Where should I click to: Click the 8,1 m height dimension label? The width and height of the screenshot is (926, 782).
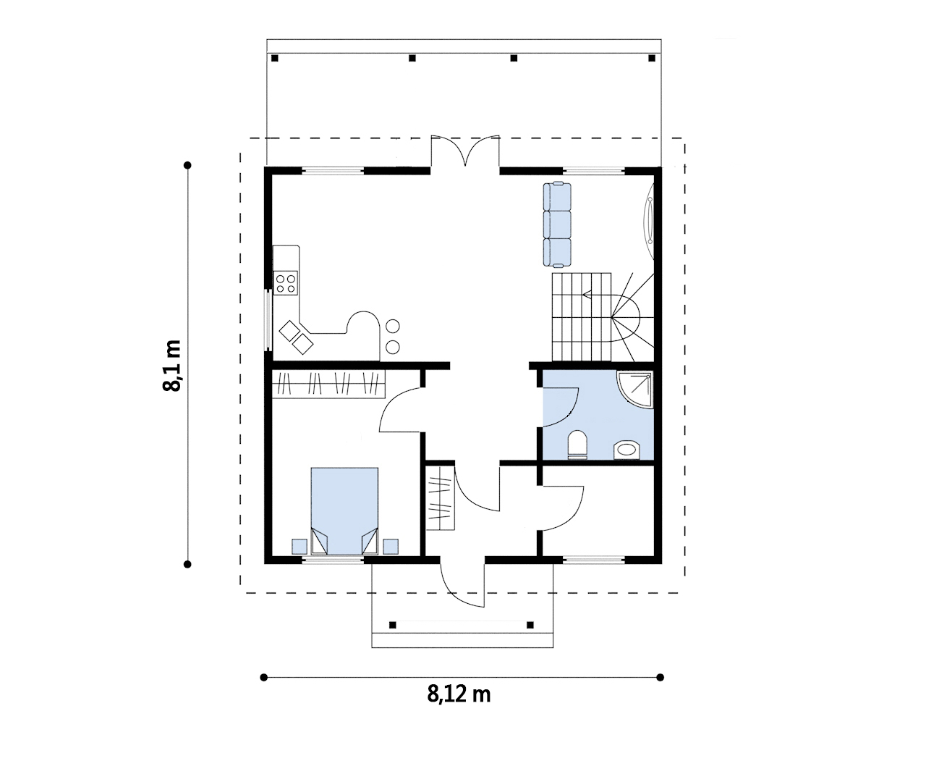click(x=171, y=365)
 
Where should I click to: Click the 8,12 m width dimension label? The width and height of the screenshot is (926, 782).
click(x=459, y=694)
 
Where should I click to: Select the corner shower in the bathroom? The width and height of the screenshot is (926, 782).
click(x=635, y=390)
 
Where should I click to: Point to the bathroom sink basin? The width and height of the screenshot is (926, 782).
click(x=626, y=450)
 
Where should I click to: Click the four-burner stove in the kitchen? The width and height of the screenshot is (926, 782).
click(x=286, y=283)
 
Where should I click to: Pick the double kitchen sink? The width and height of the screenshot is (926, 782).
click(x=297, y=337)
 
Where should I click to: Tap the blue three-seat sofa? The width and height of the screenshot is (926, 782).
click(x=557, y=224)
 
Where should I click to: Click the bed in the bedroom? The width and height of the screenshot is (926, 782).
click(x=344, y=510)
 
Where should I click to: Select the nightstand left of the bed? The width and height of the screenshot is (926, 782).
click(x=300, y=547)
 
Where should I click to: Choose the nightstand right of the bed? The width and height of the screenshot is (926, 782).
click(x=391, y=547)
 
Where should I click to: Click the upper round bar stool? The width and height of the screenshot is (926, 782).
click(x=393, y=327)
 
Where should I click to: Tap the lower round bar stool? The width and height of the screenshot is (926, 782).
click(x=393, y=347)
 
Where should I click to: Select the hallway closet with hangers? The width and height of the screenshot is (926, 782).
click(x=441, y=497)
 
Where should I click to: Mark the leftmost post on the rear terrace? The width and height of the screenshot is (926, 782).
click(x=275, y=58)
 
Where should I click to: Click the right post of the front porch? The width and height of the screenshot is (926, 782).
click(x=530, y=626)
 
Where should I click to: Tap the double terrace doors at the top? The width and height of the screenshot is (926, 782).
click(x=465, y=150)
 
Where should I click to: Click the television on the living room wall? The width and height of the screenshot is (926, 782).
click(x=649, y=221)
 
